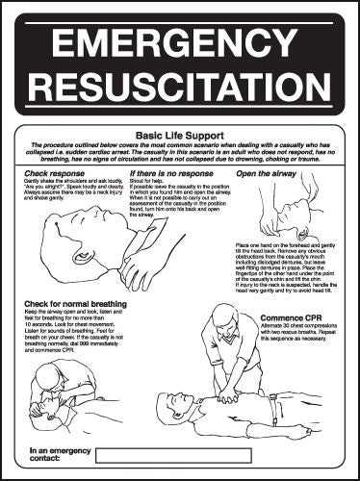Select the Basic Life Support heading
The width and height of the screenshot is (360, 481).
(x=180, y=136)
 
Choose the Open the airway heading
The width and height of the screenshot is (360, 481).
(x=266, y=173)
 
